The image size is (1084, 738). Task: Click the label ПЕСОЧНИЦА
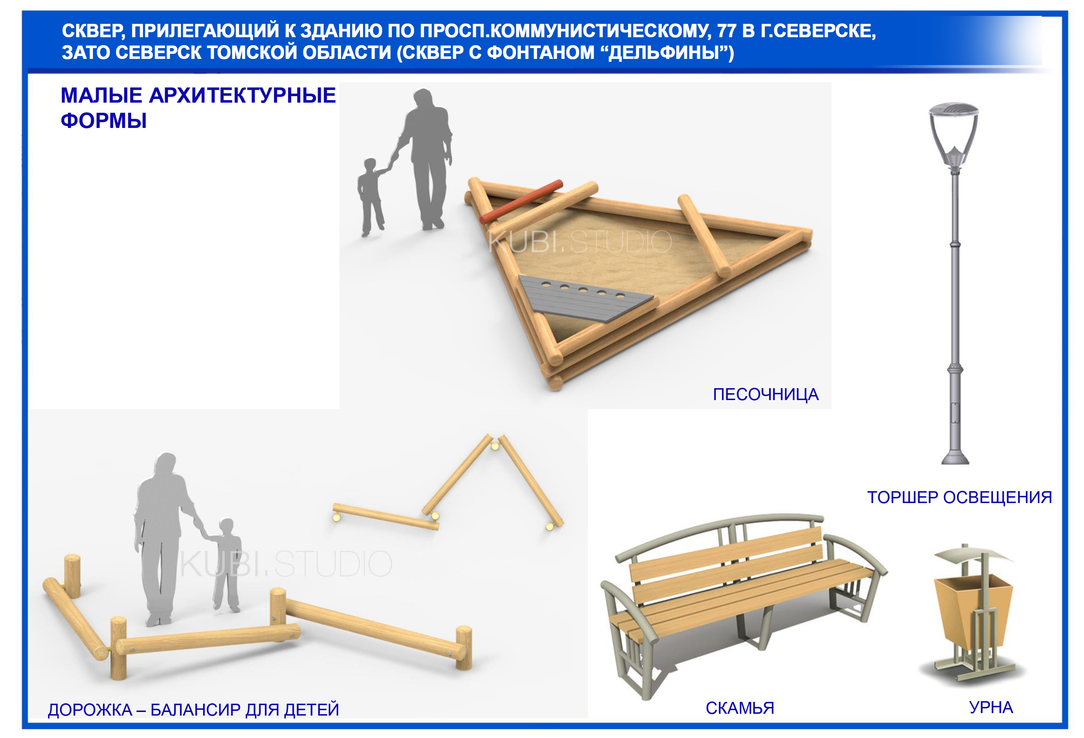click(765, 395)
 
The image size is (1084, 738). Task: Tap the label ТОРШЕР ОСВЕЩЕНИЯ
click(959, 497)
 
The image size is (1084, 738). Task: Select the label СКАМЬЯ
click(740, 708)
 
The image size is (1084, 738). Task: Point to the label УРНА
click(991, 707)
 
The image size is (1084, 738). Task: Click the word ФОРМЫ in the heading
click(104, 121)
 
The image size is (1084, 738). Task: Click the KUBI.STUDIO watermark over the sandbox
click(580, 242)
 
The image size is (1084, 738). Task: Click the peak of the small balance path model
click(495, 438)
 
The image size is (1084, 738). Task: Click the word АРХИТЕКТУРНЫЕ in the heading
click(242, 96)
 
